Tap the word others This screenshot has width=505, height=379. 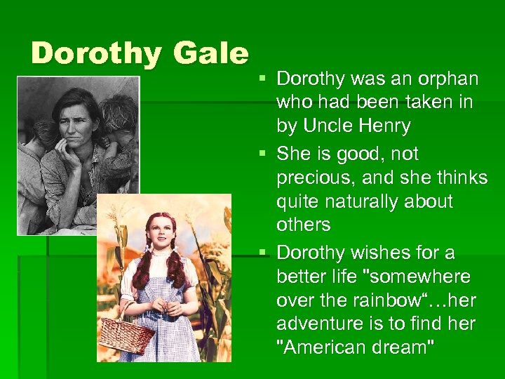(303, 225)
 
